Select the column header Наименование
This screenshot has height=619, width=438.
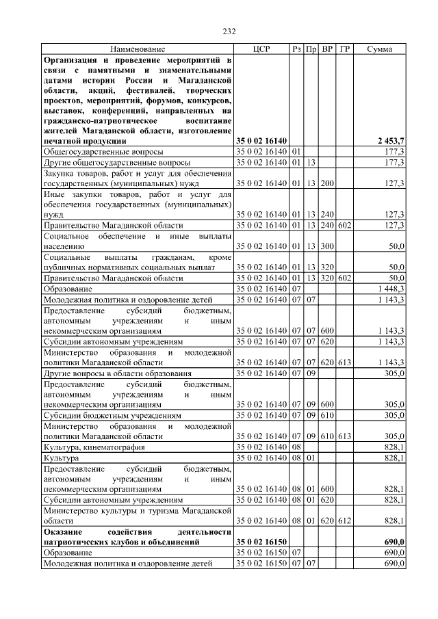coord(138,50)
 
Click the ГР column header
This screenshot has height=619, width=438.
coord(345,50)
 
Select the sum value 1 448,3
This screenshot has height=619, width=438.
coord(391,290)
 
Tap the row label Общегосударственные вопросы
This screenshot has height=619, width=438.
coord(103,150)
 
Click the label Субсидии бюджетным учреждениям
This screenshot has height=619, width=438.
coord(112,414)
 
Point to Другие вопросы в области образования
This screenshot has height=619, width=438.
coord(116,373)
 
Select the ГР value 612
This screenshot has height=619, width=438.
coord(345,521)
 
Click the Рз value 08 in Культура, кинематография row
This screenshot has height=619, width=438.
coord(296,447)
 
